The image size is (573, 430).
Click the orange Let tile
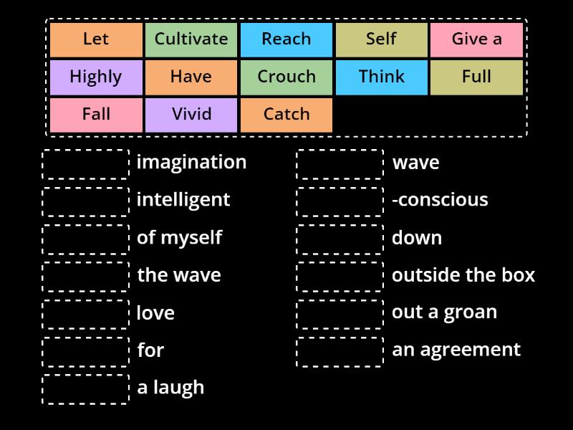click(96, 40)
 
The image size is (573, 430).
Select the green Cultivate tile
click(191, 40)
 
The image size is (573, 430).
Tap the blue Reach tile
click(286, 40)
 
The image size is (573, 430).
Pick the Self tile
click(382, 40)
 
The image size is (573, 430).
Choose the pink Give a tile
click(477, 40)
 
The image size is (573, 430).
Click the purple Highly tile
click(96, 77)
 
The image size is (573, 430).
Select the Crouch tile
click(286, 77)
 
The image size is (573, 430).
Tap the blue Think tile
click(382, 77)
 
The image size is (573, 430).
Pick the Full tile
click(477, 77)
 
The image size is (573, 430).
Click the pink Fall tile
click(96, 115)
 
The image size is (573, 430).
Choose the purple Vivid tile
click(191, 115)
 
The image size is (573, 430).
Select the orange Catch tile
click(286, 115)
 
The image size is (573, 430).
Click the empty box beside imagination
click(85, 164)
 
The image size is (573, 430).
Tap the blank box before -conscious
click(340, 202)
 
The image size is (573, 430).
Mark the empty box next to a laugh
click(85, 389)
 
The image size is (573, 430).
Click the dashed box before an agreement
click(340, 352)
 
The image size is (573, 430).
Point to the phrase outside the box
click(463, 275)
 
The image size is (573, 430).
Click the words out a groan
click(444, 313)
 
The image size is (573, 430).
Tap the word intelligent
click(183, 200)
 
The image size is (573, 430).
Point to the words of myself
click(180, 238)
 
